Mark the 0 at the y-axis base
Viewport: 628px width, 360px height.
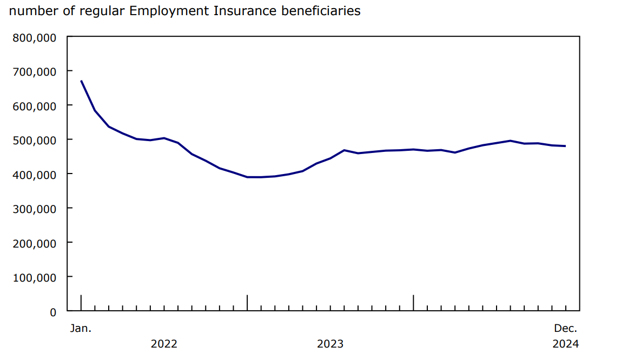click(x=53, y=312)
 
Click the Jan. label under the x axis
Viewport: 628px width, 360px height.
click(x=81, y=328)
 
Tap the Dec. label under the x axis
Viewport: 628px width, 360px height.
click(x=565, y=328)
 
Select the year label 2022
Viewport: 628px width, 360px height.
click(x=164, y=344)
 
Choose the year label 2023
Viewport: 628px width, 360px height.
click(x=330, y=344)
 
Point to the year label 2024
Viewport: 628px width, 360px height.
click(x=565, y=344)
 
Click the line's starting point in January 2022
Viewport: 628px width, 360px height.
click(x=81, y=81)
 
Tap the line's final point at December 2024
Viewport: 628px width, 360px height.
click(x=565, y=146)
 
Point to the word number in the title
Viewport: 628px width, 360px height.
click(x=30, y=11)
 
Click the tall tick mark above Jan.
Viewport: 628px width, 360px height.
click(x=81, y=303)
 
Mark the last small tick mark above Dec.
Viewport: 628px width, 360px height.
click(x=566, y=308)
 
